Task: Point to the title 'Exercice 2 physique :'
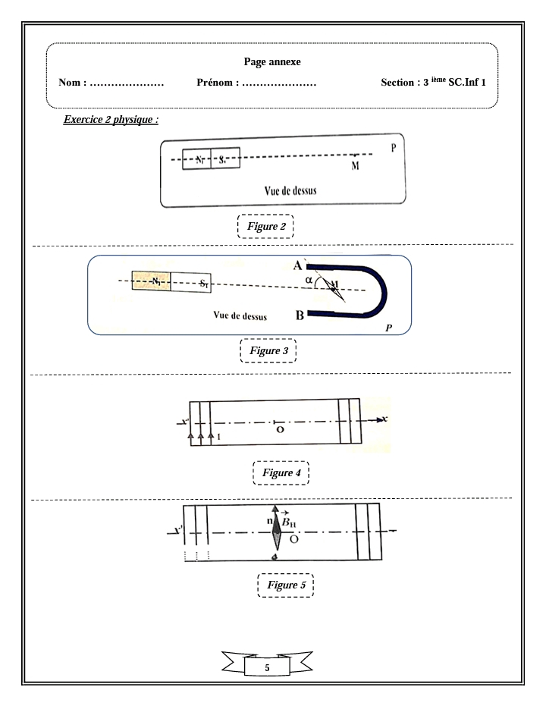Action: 115,120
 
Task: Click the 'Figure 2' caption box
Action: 265,226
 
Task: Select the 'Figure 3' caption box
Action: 268,350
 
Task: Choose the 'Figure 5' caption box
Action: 285,585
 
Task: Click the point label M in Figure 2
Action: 355,166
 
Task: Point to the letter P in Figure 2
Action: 393,148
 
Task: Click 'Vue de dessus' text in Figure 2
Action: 286,191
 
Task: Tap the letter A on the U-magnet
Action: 299,265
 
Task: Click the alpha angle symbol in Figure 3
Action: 308,280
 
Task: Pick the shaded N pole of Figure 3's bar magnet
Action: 152,281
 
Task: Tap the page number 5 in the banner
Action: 266,669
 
